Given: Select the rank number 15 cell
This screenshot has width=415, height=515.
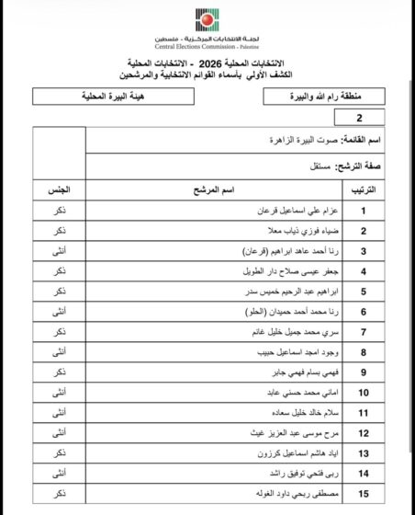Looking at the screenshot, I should click(365, 496).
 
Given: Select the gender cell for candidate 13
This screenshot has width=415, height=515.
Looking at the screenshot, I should click(59, 454).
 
